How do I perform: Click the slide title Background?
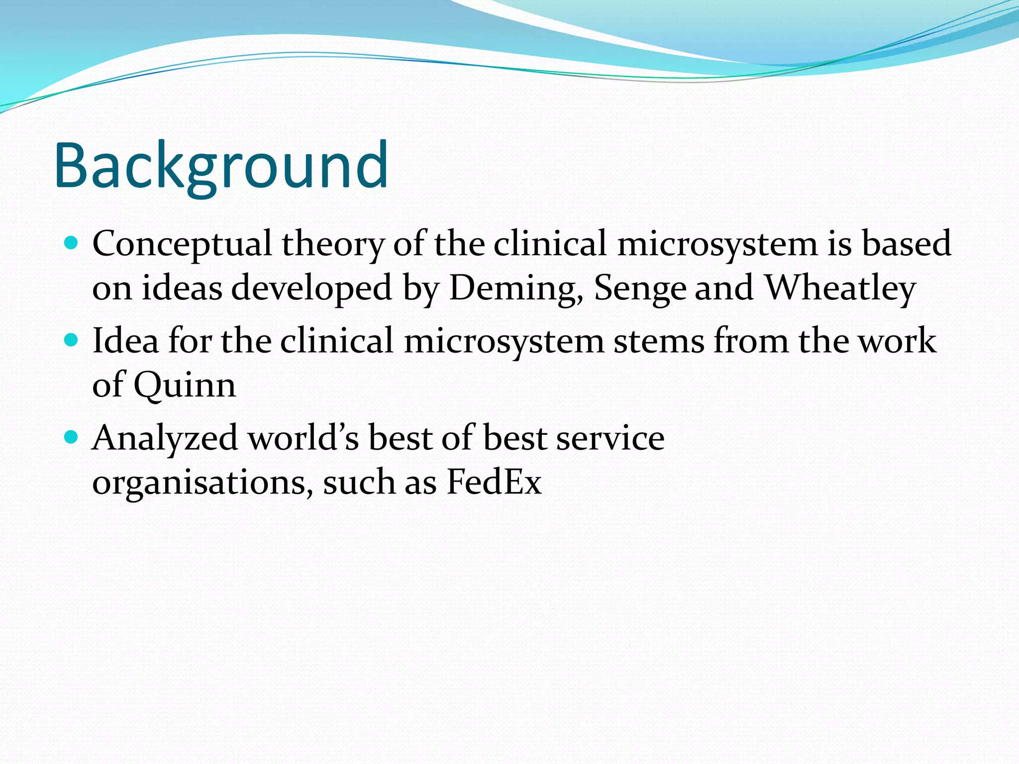click(221, 166)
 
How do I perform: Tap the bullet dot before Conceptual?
click(72, 243)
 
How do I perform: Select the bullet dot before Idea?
click(72, 340)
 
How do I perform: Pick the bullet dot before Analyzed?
click(72, 437)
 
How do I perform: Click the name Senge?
click(640, 288)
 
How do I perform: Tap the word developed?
click(311, 288)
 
